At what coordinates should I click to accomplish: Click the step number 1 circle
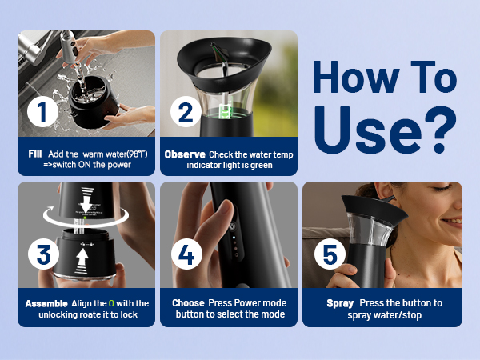(42, 112)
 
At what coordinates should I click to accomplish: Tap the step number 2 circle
(186, 112)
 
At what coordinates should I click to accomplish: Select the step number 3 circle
(43, 254)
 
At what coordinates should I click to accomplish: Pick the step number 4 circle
(186, 254)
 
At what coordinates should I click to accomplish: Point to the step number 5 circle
(330, 254)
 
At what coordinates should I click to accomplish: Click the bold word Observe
(185, 154)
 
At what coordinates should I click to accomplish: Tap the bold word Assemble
(46, 304)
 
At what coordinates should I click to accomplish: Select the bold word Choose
(188, 303)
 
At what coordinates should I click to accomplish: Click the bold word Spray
(340, 303)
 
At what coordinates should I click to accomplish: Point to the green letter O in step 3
(111, 304)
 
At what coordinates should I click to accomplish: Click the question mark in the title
(441, 130)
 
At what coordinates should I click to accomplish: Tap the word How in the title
(356, 77)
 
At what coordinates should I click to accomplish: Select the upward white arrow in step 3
(82, 261)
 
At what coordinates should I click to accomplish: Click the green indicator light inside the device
(226, 111)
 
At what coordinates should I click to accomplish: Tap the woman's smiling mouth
(454, 222)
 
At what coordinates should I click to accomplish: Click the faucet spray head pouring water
(69, 46)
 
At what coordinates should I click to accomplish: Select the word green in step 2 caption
(262, 166)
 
